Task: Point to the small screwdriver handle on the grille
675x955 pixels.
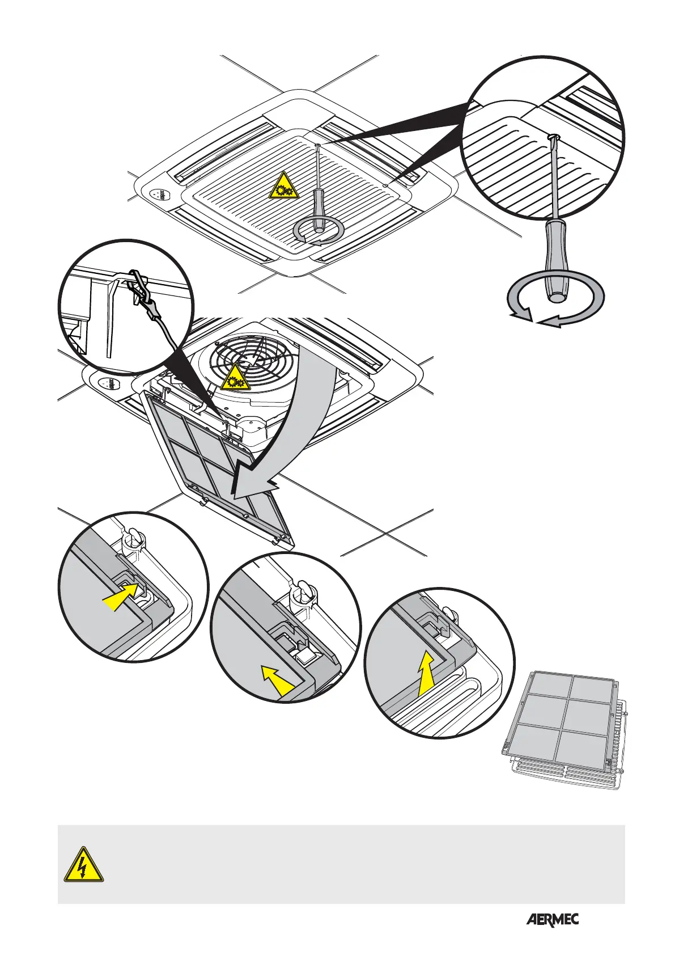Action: coord(319,210)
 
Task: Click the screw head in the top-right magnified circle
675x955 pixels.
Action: coord(554,138)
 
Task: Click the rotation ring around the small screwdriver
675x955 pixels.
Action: coord(319,232)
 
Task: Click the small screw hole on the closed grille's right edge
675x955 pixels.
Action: coord(385,184)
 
